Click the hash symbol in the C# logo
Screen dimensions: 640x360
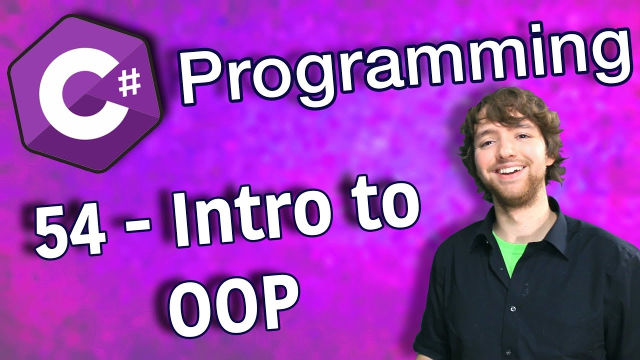click(x=130, y=83)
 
